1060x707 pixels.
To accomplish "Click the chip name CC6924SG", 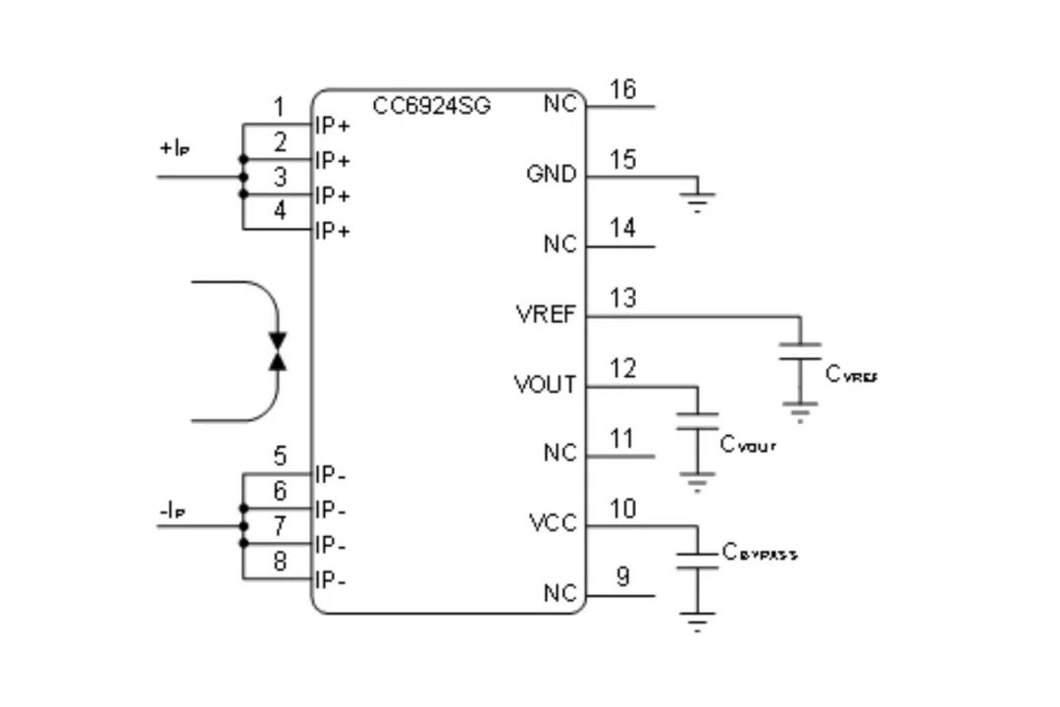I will [x=432, y=105].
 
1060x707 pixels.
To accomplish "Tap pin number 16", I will [x=621, y=89].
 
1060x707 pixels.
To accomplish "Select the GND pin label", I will [x=551, y=175].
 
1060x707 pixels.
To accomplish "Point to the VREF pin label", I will [x=546, y=315].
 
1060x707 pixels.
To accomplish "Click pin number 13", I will [x=621, y=299].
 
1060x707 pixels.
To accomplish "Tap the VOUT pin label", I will [x=545, y=385].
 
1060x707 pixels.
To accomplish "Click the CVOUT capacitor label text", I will [x=748, y=445].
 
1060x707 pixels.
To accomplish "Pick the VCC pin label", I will [x=553, y=524].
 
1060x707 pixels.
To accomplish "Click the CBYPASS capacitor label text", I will [x=760, y=553].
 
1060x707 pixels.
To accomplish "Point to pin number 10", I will [x=621, y=509].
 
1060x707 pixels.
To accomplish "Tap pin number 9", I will [x=622, y=577].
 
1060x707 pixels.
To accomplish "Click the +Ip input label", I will [x=174, y=149].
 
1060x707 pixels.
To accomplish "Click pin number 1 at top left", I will [x=280, y=107].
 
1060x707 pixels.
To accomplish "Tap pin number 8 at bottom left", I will [x=280, y=562].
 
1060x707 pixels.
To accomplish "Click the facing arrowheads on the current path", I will [x=278, y=352].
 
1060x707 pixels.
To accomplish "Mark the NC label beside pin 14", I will [x=559, y=245].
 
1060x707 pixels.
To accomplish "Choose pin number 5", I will [x=280, y=457].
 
